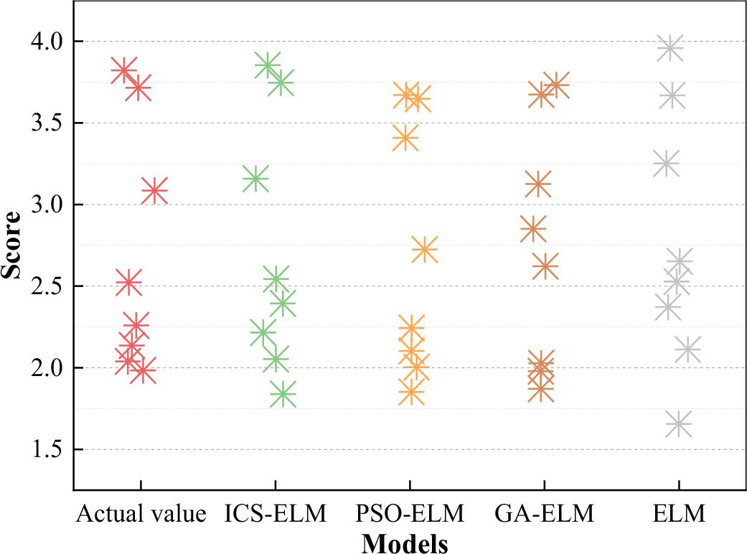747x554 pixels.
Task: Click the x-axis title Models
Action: [405, 543]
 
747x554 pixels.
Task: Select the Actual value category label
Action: [141, 514]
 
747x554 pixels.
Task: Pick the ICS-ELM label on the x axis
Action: [275, 514]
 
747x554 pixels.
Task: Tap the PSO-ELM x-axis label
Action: [409, 514]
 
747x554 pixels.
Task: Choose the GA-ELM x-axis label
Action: [543, 514]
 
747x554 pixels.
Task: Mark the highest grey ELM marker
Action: [670, 48]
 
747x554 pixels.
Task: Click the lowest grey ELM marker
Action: [678, 423]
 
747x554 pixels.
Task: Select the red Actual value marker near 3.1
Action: [154, 191]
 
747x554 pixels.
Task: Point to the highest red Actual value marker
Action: [123, 70]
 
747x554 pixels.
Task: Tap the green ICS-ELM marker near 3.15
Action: [255, 178]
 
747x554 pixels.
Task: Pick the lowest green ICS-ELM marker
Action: [283, 393]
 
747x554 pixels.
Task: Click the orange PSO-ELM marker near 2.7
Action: [425, 250]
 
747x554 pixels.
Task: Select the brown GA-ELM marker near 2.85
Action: [533, 229]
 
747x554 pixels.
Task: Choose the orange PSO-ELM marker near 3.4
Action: [405, 138]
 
